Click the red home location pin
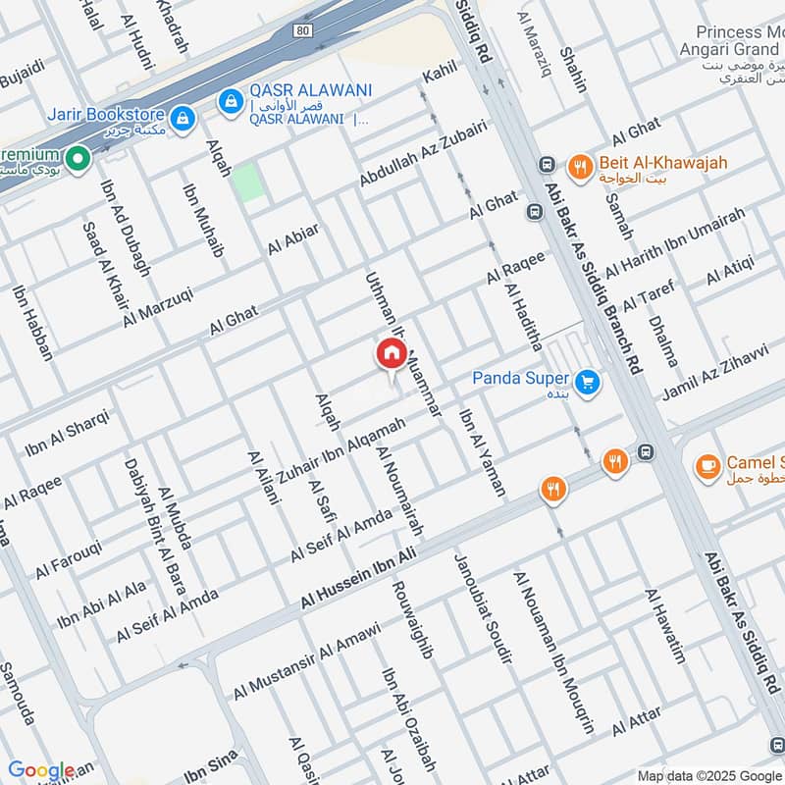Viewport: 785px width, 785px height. (x=390, y=354)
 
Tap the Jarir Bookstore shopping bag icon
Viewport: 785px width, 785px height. (x=182, y=119)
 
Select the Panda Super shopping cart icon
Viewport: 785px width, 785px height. (x=588, y=382)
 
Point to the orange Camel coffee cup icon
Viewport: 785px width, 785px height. (x=706, y=464)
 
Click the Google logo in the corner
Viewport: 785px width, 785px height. (x=41, y=770)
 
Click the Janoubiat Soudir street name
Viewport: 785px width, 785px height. (x=482, y=608)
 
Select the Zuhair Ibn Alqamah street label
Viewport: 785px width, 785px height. (x=341, y=449)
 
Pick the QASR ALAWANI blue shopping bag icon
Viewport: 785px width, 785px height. (x=231, y=100)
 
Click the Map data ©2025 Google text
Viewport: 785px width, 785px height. (x=708, y=774)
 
